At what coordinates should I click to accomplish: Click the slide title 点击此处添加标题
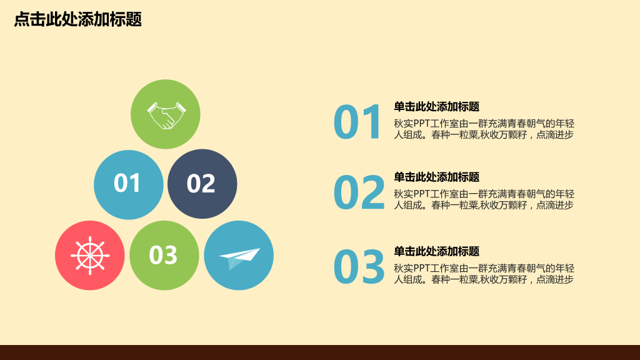click(77, 19)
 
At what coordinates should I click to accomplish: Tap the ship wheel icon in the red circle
click(90, 255)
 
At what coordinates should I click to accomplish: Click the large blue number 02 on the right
click(359, 193)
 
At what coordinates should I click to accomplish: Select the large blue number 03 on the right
click(359, 267)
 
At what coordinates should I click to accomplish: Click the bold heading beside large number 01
click(436, 107)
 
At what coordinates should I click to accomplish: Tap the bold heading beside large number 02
click(436, 177)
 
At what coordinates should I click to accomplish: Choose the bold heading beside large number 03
click(436, 252)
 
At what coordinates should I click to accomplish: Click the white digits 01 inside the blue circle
click(127, 183)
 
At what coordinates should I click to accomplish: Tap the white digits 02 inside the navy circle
click(201, 184)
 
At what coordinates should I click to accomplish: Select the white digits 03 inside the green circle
click(164, 255)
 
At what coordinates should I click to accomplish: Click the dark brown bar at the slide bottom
click(320, 352)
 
